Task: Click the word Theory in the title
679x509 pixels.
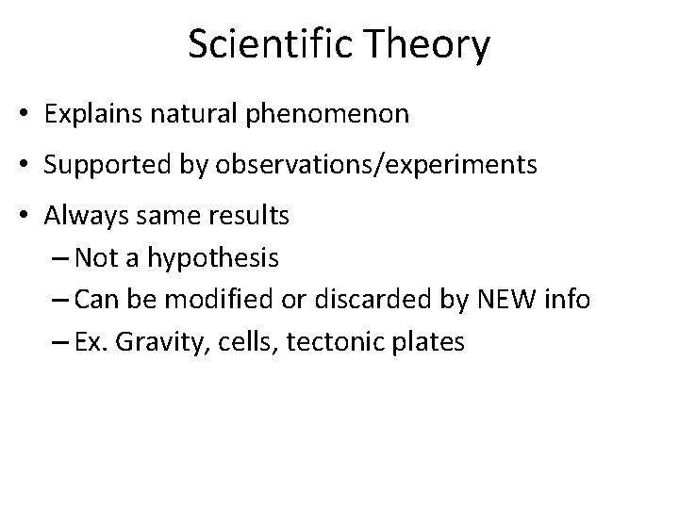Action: [430, 45]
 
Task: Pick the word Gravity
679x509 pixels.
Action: [155, 342]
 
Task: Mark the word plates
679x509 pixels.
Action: [430, 342]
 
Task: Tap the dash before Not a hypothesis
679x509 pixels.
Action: [58, 257]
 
